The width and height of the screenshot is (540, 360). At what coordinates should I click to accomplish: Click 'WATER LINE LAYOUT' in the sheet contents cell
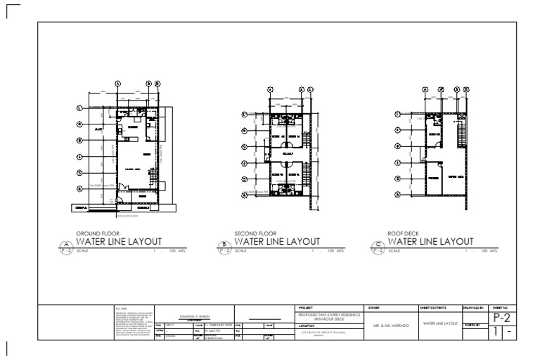pos(439,323)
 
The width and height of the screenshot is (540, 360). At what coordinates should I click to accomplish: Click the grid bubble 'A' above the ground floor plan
pos(117,83)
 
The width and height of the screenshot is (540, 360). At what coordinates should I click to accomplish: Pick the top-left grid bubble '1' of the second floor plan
pos(244,115)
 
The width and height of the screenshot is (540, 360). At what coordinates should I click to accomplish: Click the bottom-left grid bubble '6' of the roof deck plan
pos(399,194)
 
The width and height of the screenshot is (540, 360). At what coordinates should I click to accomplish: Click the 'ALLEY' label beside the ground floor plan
pos(98,129)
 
